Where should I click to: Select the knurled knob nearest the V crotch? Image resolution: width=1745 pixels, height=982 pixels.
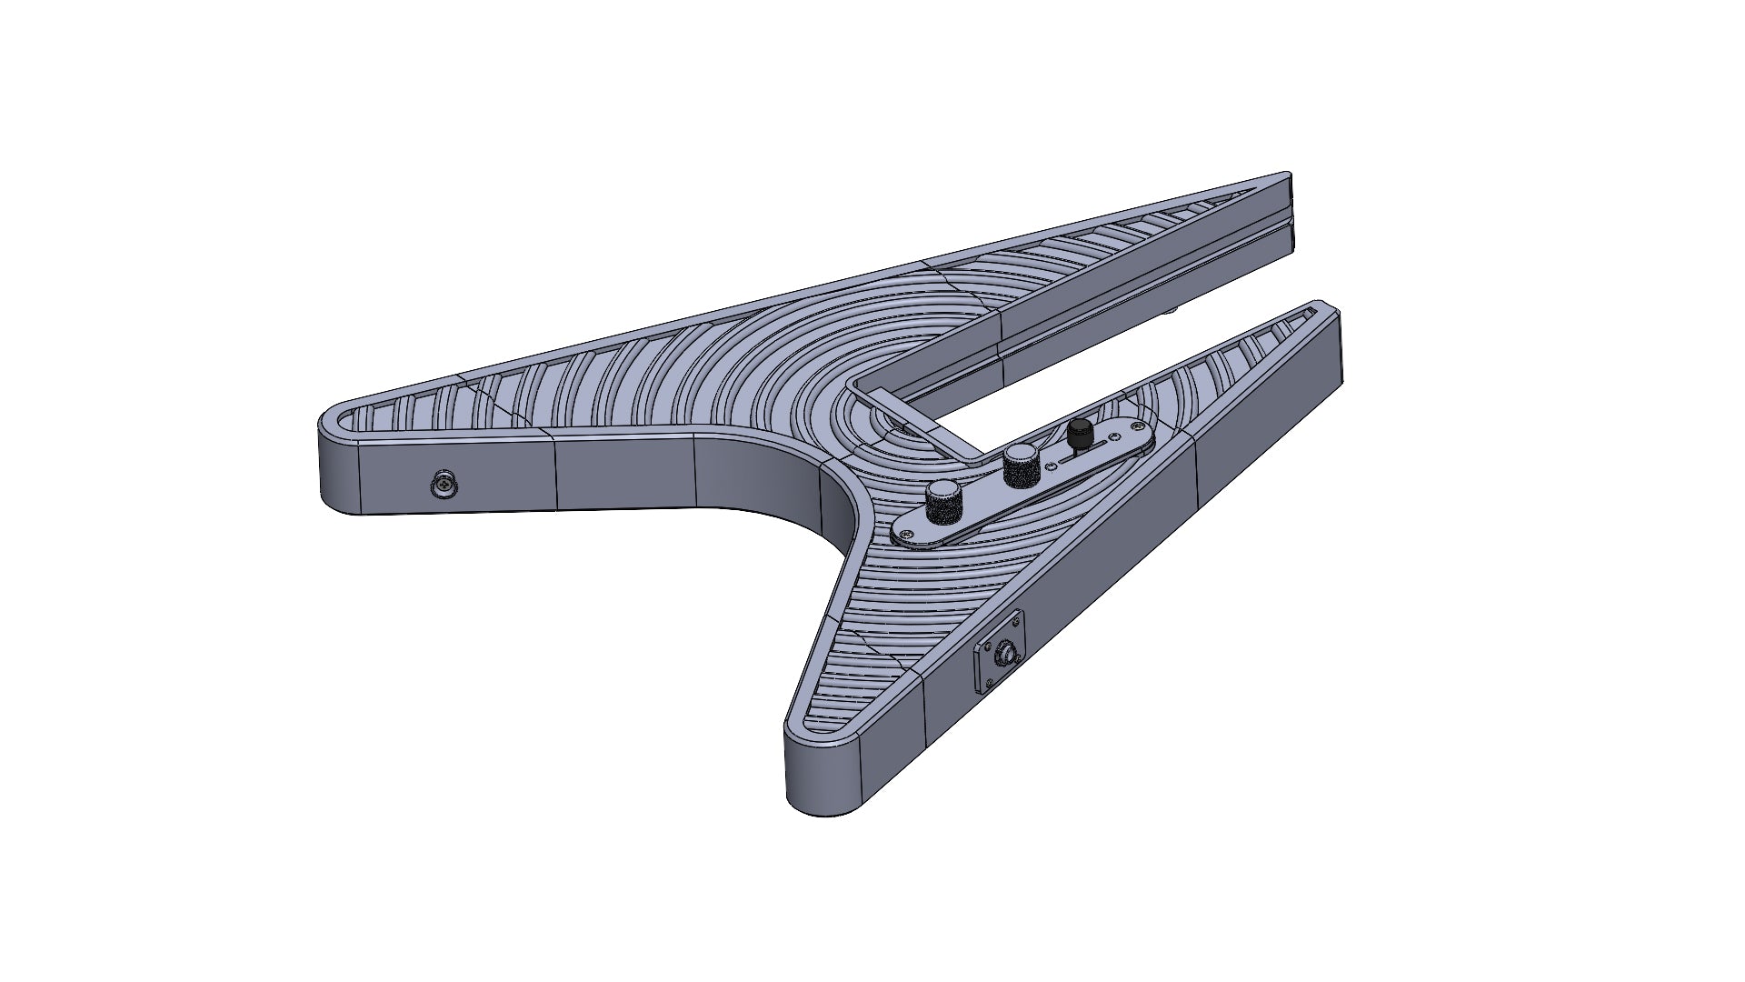(943, 502)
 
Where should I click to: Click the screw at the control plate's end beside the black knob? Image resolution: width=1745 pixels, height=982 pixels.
(1138, 426)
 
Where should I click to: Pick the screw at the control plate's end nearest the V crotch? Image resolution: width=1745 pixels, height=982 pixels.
(907, 534)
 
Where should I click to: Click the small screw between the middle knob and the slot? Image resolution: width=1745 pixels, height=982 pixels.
(1051, 466)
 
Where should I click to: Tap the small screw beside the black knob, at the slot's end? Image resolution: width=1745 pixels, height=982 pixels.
(1114, 436)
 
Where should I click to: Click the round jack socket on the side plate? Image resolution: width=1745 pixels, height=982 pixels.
(1008, 654)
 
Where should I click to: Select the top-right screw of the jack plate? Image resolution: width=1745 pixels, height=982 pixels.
(1016, 622)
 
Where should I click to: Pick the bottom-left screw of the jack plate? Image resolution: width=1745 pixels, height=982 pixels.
(990, 683)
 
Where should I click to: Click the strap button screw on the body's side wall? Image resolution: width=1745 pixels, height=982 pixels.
(444, 486)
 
